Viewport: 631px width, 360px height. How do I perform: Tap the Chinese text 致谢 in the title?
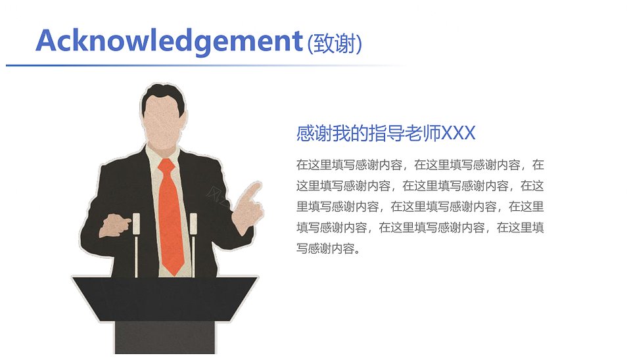coord(334,44)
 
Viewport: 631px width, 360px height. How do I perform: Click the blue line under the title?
coord(205,65)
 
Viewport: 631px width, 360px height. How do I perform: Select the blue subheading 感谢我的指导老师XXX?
coord(386,133)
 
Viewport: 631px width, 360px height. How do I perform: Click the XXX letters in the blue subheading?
coord(458,133)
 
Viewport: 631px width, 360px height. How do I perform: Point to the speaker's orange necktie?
coord(171,217)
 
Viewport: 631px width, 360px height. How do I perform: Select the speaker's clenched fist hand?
coord(114,225)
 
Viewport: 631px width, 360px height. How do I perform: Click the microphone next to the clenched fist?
coord(137,244)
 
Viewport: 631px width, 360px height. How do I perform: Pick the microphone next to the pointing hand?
coord(193,244)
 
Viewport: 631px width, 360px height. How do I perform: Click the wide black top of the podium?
coord(165,298)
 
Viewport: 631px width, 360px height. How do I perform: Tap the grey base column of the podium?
coord(165,338)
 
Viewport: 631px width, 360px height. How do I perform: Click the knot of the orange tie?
coord(166,166)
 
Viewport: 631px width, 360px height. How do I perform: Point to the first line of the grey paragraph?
coord(420,165)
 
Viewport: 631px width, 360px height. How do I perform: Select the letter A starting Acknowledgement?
coord(48,40)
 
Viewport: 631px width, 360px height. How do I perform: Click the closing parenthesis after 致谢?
coord(359,44)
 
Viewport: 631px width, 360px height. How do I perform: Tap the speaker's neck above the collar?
coord(162,145)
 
